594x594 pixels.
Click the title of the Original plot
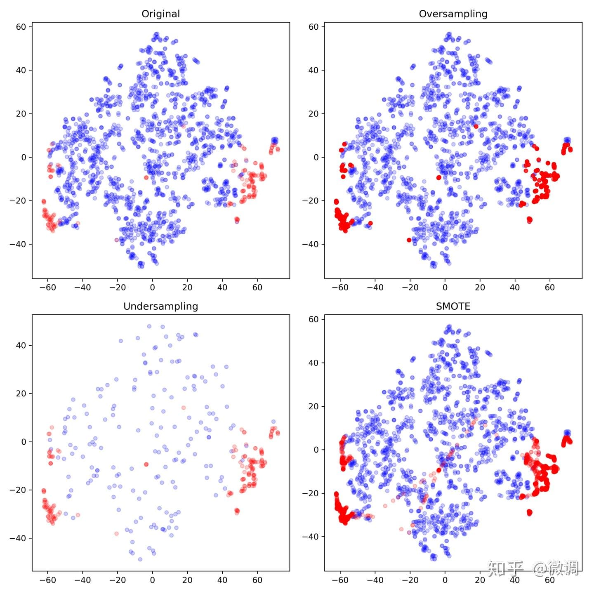coord(160,14)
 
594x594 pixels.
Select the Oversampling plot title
coord(453,14)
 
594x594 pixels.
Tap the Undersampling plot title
coord(160,306)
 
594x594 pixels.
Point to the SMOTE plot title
coord(453,306)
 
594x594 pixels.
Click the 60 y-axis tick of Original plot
coord(21,27)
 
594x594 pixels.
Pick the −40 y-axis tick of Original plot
coord(18,244)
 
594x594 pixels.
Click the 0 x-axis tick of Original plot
coord(152,288)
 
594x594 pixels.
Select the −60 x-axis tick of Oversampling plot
coord(340,288)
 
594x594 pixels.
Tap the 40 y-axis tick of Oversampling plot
coord(313,70)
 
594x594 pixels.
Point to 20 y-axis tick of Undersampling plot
coord(21,394)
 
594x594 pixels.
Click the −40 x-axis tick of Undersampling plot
coord(82,580)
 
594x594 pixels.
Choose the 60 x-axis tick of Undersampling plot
coord(257,580)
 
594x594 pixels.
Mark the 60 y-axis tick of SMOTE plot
coord(313,319)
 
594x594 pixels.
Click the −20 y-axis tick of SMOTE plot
coord(310,493)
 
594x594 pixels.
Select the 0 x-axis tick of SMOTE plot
coord(445,580)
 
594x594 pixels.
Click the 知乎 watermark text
coord(505,568)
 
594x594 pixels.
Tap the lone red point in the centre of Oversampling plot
coord(438,177)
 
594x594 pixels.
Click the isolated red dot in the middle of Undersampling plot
coord(146,464)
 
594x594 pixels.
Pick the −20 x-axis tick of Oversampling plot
coord(410,288)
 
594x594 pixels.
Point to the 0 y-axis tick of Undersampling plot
coord(24,442)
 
